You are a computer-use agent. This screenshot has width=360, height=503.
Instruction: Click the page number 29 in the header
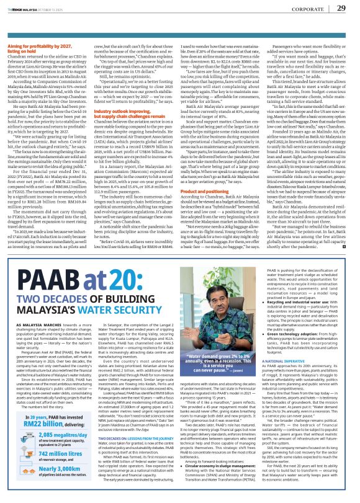click(341, 8)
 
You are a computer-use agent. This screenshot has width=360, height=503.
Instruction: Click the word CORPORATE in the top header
click(307, 8)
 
